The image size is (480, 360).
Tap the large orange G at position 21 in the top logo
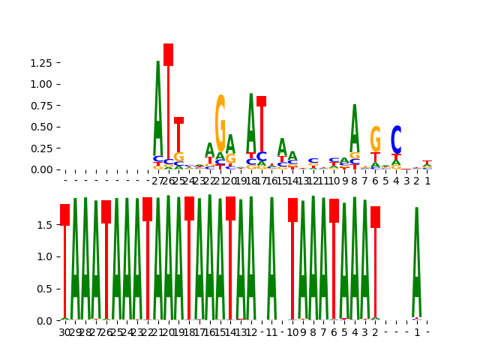click(x=220, y=124)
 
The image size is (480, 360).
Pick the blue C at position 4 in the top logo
click(x=396, y=139)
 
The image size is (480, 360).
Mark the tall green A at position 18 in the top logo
click(x=251, y=120)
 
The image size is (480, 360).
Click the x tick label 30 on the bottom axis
click(x=65, y=331)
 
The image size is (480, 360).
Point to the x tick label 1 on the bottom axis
click(x=417, y=331)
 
